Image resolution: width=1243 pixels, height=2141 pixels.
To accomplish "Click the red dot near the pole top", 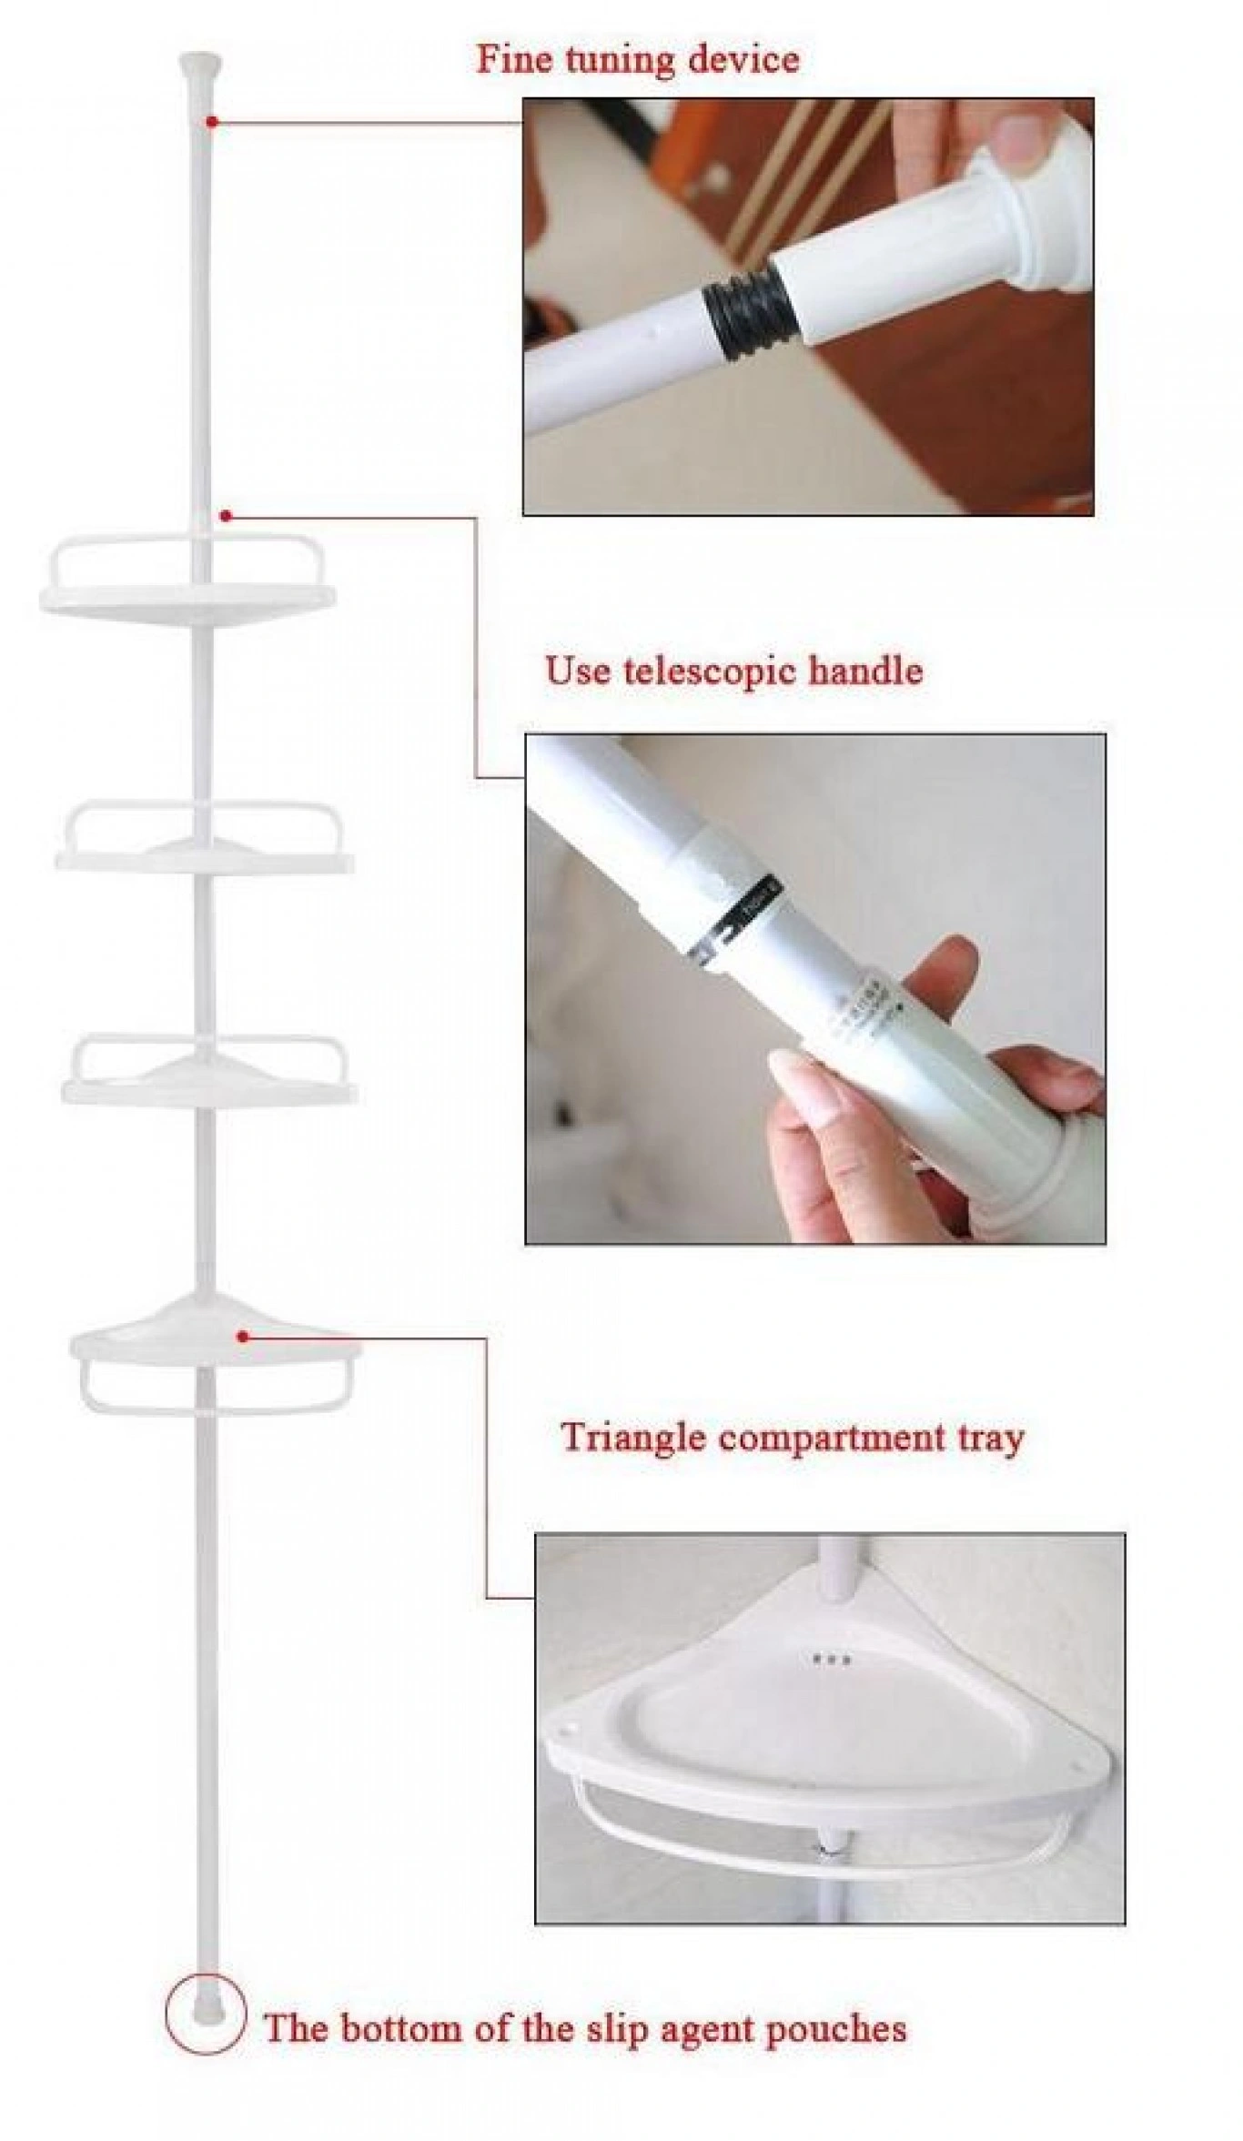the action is coord(211,120).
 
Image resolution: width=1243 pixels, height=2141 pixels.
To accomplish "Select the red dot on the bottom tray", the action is coord(243,1336).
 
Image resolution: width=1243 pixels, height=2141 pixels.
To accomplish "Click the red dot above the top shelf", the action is coord(225,516).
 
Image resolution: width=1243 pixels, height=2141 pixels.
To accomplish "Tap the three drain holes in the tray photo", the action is coord(831,1660).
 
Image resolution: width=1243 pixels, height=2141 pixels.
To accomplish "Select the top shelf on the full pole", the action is coord(188,581).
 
